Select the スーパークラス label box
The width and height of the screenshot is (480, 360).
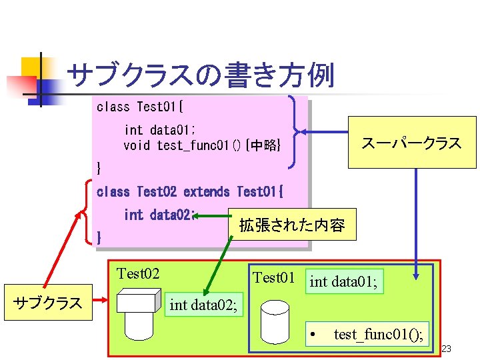pos(411,143)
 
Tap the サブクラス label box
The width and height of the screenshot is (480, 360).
pos(47,303)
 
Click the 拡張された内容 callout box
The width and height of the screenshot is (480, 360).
pos(292,225)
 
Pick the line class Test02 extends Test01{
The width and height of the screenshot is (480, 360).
pos(190,192)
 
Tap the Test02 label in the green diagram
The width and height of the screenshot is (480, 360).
pos(138,274)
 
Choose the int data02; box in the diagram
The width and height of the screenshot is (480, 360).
pos(203,305)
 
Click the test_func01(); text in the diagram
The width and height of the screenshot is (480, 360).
pos(378,334)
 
